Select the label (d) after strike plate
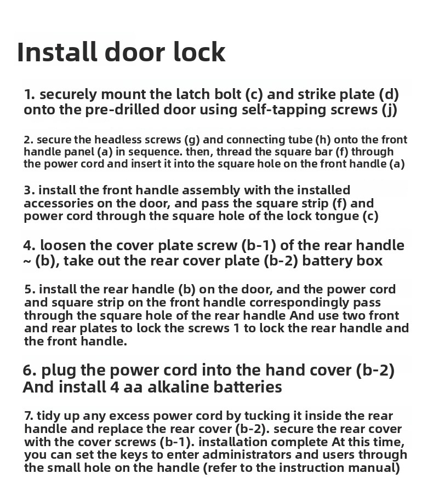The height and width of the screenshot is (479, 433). tap(389, 94)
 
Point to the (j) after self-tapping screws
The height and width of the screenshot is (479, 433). tap(389, 109)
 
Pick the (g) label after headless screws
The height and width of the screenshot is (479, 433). tap(192, 140)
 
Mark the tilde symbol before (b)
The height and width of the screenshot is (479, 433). tap(27, 262)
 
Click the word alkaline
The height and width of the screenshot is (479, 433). tap(178, 386)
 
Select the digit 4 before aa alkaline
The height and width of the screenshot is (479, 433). tap(115, 387)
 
